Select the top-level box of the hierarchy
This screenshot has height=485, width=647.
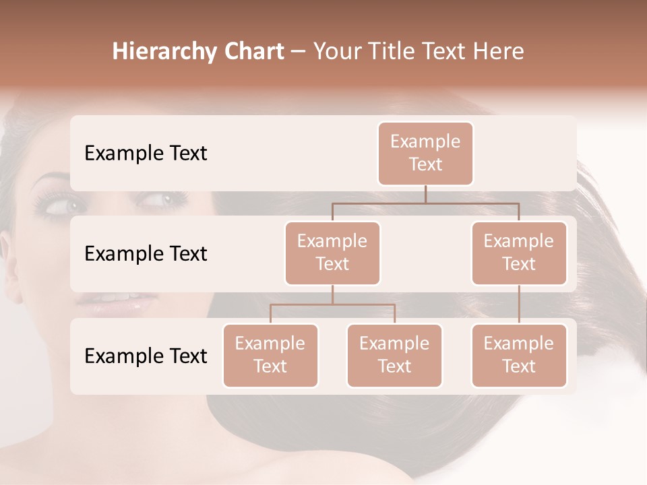click(x=425, y=153)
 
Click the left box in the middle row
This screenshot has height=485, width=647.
click(x=332, y=253)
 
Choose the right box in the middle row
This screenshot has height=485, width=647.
click(x=519, y=253)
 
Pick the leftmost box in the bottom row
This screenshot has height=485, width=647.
click(x=270, y=355)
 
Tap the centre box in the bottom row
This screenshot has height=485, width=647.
click(x=394, y=355)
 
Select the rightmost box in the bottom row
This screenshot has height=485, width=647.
click(x=519, y=355)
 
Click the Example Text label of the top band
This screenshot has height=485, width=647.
click(x=146, y=154)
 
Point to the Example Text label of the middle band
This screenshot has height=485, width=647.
click(x=146, y=254)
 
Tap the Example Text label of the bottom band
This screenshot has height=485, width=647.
click(x=146, y=356)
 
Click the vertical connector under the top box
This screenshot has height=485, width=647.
click(x=425, y=194)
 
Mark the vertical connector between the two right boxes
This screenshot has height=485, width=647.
click(x=519, y=304)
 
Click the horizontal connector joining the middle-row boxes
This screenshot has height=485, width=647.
click(x=425, y=202)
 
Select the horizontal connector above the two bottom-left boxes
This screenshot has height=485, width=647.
click(x=332, y=304)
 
